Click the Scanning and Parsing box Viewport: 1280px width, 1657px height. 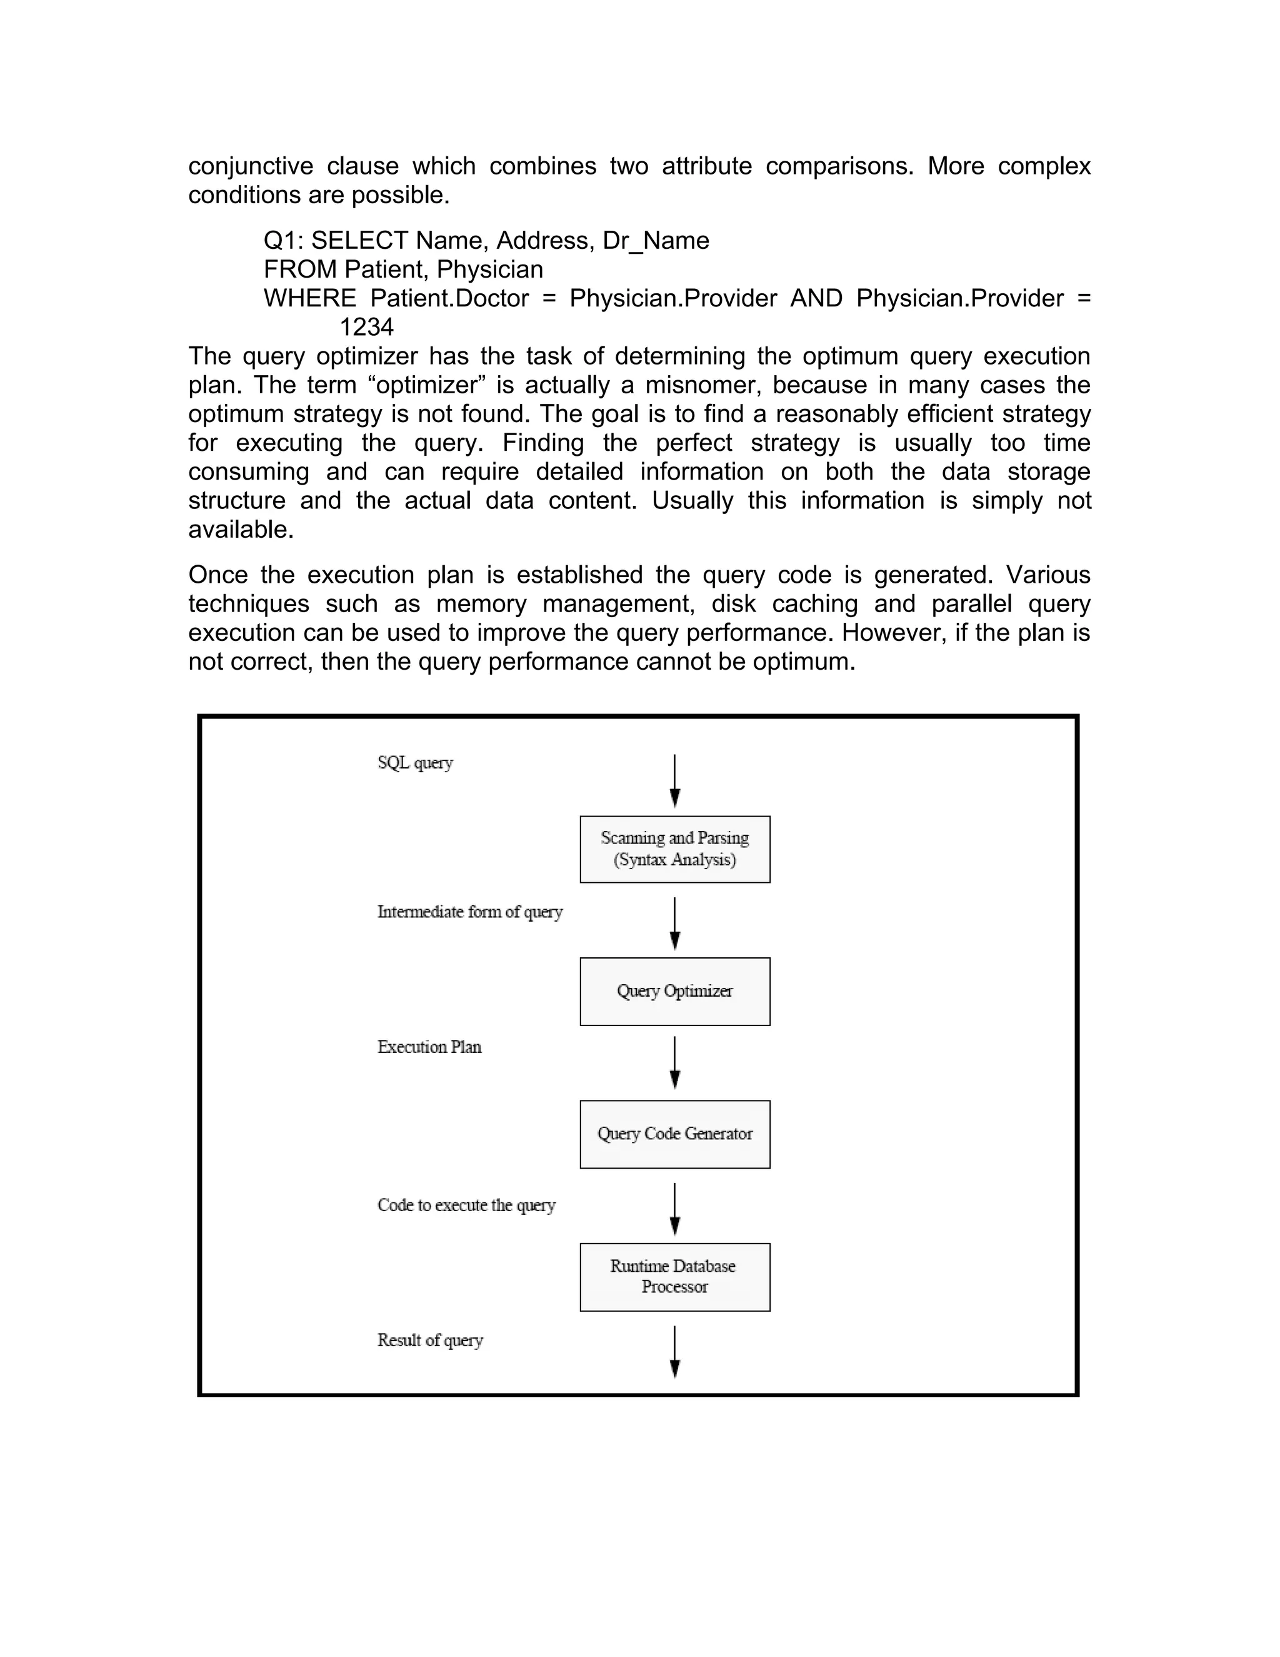674,849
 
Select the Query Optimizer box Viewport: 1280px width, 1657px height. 674,991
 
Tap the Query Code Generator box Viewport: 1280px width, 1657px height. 674,1134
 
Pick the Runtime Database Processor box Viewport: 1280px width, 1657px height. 674,1276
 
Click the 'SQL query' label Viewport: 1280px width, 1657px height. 415,762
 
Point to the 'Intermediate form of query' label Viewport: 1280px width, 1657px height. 469,912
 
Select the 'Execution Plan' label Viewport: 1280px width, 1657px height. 429,1047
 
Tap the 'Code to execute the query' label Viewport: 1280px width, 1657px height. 466,1205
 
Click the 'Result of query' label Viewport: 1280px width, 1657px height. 430,1341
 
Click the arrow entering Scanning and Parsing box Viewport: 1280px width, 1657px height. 674,781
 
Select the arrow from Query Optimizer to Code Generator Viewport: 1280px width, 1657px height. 674,1062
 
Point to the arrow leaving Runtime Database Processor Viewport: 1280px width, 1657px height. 674,1351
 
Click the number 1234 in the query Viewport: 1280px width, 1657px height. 366,327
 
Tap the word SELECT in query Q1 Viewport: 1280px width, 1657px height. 359,241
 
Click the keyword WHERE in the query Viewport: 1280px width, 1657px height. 309,298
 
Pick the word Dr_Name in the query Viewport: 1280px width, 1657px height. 656,241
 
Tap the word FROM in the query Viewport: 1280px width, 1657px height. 299,269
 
